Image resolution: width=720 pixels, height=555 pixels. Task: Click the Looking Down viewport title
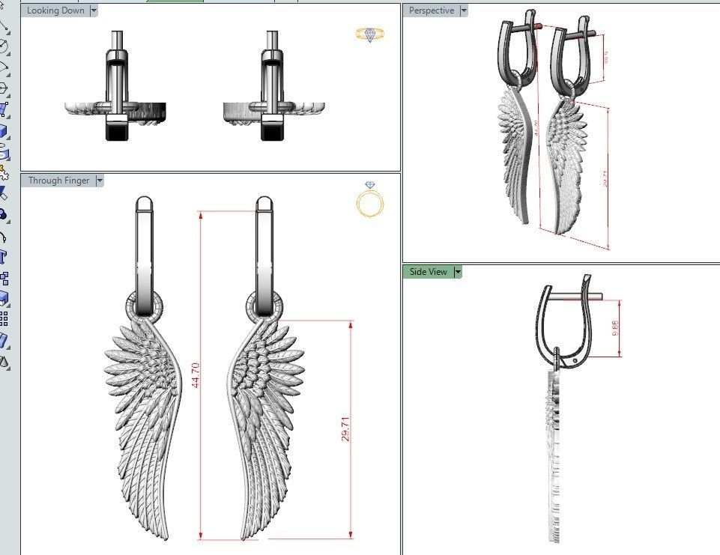coord(55,10)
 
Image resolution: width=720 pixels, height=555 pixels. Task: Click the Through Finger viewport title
coord(58,181)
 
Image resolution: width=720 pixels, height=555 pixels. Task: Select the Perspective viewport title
coord(431,10)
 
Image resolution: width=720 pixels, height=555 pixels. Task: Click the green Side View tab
coord(428,272)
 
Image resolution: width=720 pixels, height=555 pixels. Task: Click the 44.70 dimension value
coord(196,374)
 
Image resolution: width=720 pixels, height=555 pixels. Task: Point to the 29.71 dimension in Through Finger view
coord(345,428)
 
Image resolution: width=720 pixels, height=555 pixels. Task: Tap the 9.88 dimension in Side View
coord(615,328)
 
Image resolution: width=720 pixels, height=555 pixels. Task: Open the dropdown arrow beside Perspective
coord(464,10)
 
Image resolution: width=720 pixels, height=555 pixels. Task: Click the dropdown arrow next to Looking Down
coord(94,10)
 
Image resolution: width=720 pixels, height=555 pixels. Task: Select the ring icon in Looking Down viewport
coord(370,34)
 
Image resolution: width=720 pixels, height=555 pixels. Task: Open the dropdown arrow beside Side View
coord(458,272)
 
